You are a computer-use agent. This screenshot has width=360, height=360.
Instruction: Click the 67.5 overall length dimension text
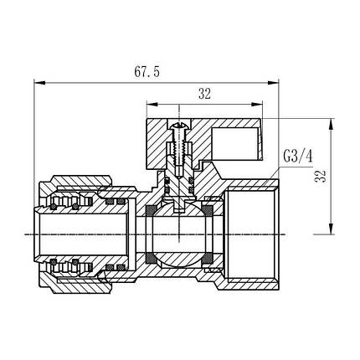coord(155,72)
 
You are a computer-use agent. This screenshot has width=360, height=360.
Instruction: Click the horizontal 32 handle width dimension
coord(203,95)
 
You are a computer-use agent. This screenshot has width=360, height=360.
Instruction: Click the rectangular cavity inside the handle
coord(237,137)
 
